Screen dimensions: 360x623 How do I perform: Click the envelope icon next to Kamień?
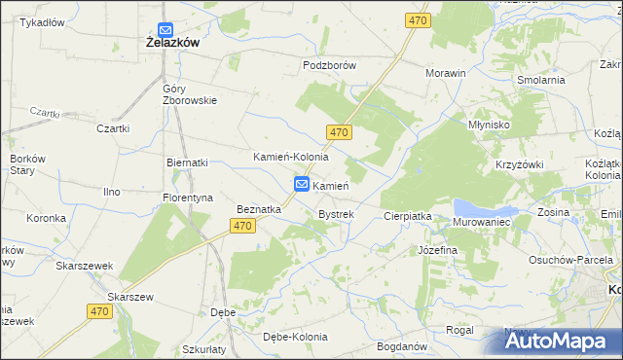[x=302, y=184]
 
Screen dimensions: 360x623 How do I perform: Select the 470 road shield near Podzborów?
[x=418, y=20]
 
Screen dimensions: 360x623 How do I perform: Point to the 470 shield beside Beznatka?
[x=243, y=226]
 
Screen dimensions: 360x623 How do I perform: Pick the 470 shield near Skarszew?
[x=97, y=311]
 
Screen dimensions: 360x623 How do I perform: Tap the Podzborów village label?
[x=330, y=65]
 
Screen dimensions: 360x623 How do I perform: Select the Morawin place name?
[x=446, y=73]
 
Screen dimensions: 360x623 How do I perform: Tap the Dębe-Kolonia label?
[x=295, y=337]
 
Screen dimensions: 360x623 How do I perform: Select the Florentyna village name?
[x=187, y=198]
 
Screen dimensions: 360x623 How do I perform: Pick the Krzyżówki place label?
[x=519, y=166]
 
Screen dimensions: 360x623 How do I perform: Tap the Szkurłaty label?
[x=203, y=348]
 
